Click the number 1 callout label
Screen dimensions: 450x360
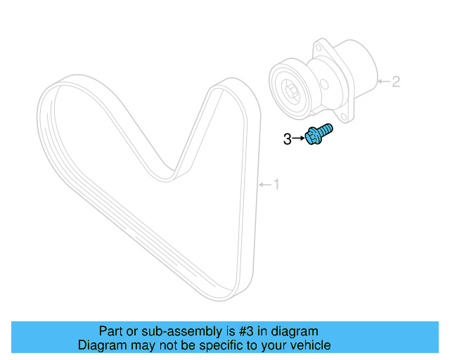[276, 184]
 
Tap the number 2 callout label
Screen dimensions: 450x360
[396, 82]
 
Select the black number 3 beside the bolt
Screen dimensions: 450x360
[287, 139]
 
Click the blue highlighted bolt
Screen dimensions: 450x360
[318, 134]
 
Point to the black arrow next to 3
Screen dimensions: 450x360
[298, 139]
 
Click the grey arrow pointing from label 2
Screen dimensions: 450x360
[382, 82]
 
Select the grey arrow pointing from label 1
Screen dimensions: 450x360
[264, 184]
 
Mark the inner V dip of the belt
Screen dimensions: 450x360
[169, 172]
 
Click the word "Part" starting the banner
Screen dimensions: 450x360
[112, 331]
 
